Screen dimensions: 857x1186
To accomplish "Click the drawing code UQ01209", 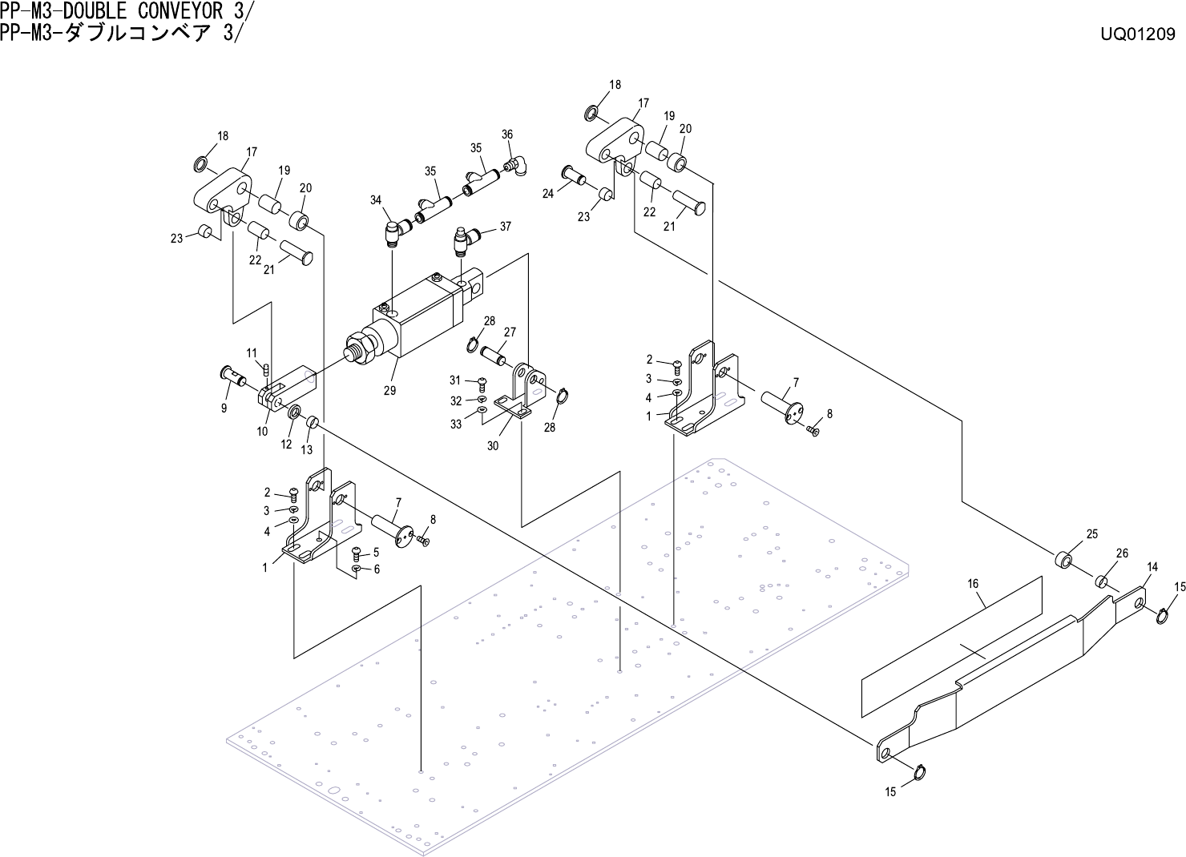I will (1138, 34).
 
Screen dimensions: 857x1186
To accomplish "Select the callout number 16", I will (973, 584).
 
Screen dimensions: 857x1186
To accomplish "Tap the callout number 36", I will (507, 135).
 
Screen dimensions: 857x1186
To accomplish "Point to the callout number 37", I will (505, 227).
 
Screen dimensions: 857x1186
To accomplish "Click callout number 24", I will (548, 193).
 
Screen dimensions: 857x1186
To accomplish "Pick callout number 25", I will (1091, 534).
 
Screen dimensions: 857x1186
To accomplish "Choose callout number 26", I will (1122, 553).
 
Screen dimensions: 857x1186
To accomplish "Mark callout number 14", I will (1152, 567).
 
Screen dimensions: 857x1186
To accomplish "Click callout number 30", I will (493, 445).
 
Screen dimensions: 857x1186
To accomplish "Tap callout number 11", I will (251, 352).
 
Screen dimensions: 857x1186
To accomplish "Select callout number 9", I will (224, 408).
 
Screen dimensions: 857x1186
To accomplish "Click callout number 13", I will (307, 449).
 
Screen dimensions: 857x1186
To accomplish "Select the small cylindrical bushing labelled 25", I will (1063, 557).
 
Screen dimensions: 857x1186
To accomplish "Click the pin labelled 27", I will (494, 352).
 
